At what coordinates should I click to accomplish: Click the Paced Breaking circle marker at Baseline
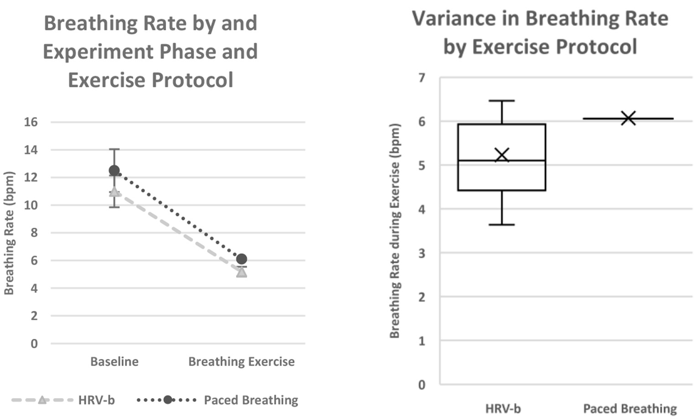point(114,171)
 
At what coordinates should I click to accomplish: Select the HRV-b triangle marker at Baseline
point(114,192)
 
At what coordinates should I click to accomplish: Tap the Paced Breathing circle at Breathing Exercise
point(242,259)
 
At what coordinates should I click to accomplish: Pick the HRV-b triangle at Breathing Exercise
point(242,272)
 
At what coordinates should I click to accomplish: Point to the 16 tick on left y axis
point(31,122)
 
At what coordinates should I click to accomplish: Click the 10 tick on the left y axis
point(31,205)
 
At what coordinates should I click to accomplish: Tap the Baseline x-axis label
point(114,362)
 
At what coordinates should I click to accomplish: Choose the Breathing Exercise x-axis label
point(241,362)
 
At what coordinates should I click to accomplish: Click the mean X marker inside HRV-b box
point(502,155)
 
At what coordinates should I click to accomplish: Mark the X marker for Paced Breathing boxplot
point(628,118)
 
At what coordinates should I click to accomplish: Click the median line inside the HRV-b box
point(502,161)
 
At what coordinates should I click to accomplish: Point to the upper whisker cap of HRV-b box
point(502,101)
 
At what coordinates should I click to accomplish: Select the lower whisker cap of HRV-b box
point(502,225)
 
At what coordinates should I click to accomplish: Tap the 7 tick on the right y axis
point(422,78)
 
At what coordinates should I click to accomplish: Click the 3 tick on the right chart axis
point(422,253)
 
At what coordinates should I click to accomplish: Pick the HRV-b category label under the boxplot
point(503,409)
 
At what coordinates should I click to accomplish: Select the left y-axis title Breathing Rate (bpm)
point(10,233)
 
